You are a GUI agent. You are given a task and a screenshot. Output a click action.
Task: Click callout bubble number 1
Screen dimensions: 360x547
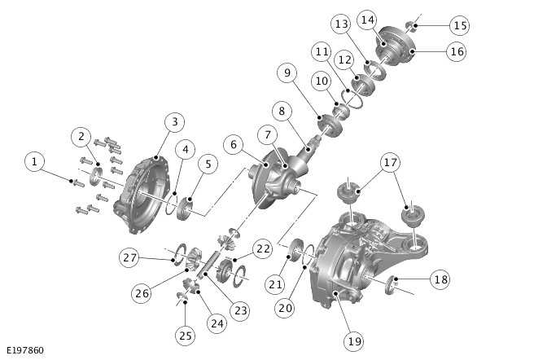(x=33, y=161)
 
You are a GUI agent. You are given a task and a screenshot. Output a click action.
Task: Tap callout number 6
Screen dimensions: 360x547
(x=234, y=144)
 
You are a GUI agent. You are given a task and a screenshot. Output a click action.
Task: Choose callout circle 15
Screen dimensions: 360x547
(x=460, y=26)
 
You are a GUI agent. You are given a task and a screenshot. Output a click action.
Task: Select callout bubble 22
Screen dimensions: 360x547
(x=262, y=248)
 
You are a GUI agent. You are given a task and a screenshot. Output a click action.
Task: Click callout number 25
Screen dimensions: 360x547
(x=186, y=335)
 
